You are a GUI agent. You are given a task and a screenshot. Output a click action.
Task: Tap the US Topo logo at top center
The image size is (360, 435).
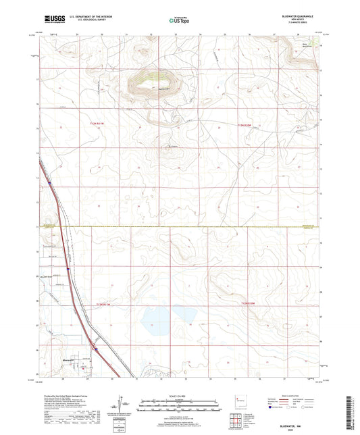pos(179,20)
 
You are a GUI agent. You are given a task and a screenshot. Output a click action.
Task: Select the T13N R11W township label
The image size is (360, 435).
pos(98,124)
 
